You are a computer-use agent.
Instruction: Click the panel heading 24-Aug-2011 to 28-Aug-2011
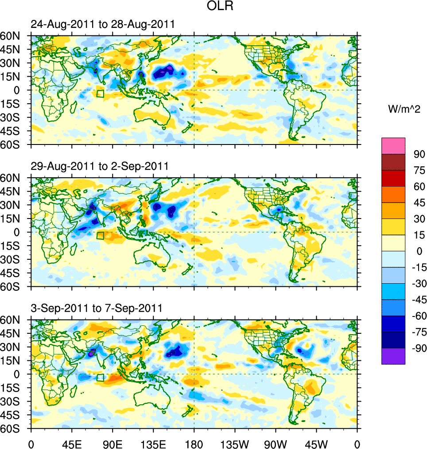(x=103, y=24)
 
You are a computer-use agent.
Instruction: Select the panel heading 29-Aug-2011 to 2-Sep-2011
(x=100, y=166)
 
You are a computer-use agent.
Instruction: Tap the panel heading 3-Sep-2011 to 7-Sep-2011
(x=97, y=308)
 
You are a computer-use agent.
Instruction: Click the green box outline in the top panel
(x=100, y=94)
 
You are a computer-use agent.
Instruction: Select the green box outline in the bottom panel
(x=100, y=377)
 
